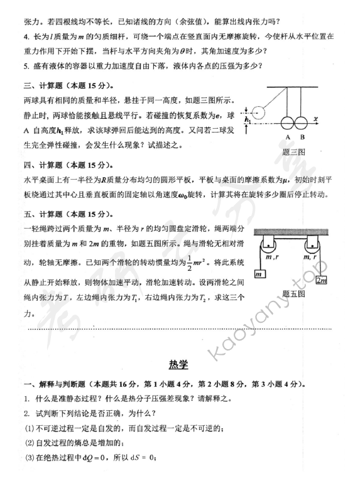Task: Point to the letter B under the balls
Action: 303,137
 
